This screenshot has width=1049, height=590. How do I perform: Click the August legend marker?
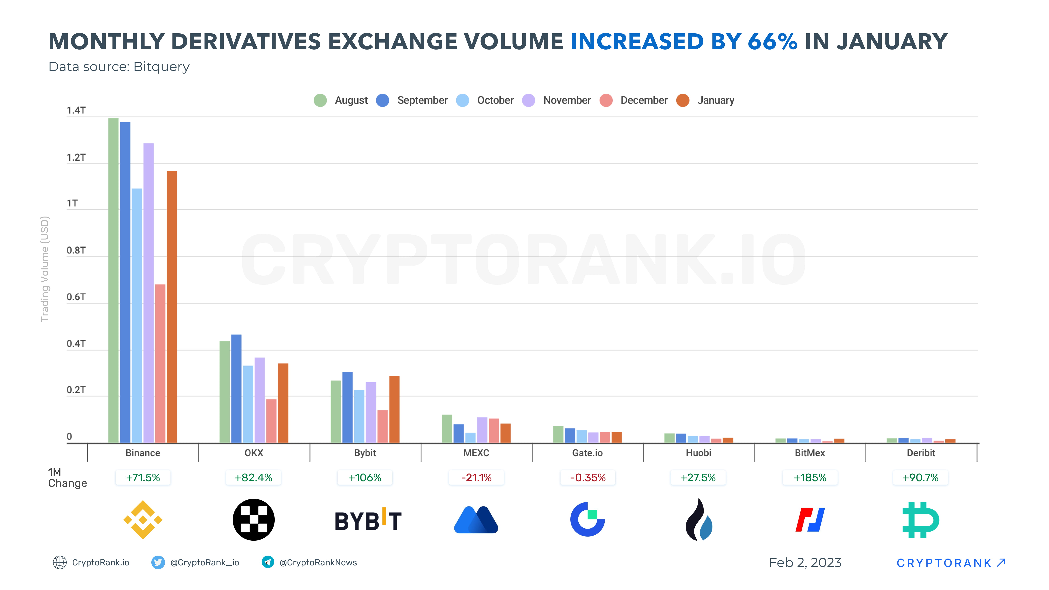click(320, 100)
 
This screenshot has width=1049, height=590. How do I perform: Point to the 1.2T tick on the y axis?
click(76, 158)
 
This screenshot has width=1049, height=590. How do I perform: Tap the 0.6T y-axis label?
click(76, 297)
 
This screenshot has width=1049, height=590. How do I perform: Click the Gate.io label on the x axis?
click(587, 453)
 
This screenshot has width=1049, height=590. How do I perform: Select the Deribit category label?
click(921, 453)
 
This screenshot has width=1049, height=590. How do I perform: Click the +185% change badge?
click(810, 478)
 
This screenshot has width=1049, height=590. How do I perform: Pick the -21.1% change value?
click(476, 478)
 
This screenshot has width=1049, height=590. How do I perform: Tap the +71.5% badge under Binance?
click(143, 478)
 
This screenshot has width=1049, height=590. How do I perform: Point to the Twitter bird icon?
click(158, 562)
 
